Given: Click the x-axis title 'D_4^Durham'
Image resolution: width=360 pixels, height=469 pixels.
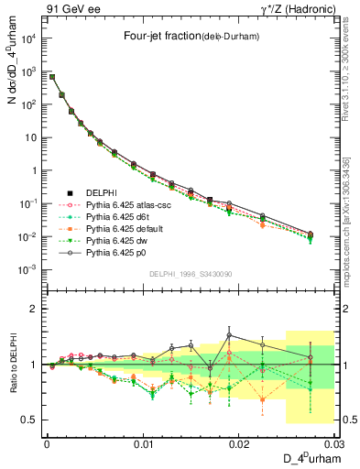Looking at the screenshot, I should point(307,458).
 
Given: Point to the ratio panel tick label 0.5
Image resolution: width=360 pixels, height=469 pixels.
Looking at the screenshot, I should point(32,420).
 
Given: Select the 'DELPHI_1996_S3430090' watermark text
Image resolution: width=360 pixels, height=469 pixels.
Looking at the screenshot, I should point(191,274).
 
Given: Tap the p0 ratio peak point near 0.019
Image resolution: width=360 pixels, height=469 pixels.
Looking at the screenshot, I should point(229,335).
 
